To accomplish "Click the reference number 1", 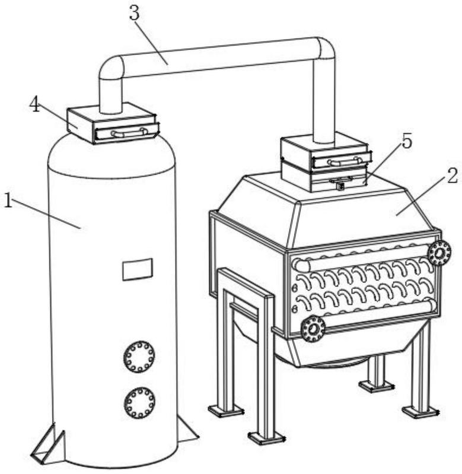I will (x=8, y=201).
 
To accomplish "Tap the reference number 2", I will (x=452, y=176).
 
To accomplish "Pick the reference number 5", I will (x=406, y=141).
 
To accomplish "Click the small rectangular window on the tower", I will (x=137, y=269).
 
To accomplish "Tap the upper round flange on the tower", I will (x=139, y=357).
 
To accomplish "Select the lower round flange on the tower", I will (x=139, y=402).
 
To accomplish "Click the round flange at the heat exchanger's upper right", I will (x=439, y=253).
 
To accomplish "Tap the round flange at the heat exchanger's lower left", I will (x=313, y=329).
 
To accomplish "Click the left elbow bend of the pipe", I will (x=111, y=67).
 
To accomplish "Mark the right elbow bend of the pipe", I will (x=324, y=49).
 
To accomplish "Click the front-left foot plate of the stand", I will (x=266, y=438).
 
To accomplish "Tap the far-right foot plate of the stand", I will (x=420, y=411).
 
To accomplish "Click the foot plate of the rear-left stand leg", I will (x=225, y=410).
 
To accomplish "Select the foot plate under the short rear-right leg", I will (x=376, y=386).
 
